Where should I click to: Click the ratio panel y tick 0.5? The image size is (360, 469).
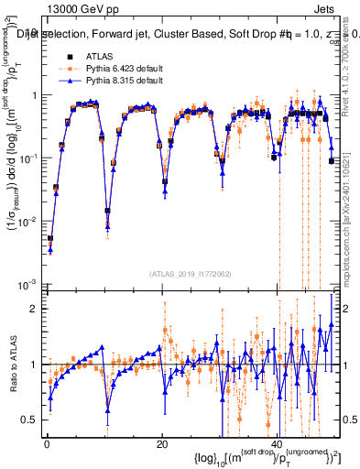pyautogui.click(x=31, y=420)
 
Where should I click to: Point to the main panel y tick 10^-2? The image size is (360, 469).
pyautogui.click(x=28, y=221)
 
